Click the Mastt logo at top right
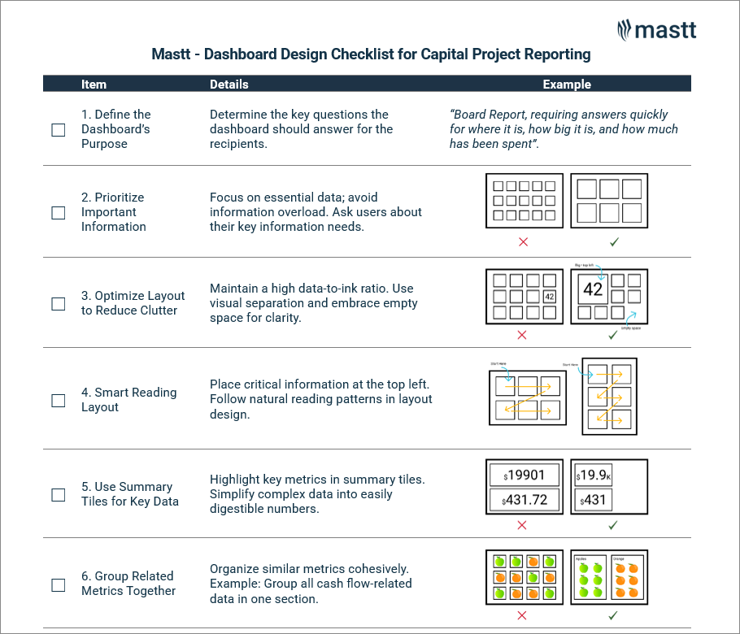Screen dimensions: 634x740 click(x=656, y=30)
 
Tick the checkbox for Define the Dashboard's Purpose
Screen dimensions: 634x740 click(x=59, y=130)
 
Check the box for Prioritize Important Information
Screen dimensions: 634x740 click(x=59, y=213)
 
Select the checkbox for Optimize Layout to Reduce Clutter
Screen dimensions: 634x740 click(x=59, y=304)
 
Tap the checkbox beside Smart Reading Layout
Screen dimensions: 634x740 click(x=59, y=401)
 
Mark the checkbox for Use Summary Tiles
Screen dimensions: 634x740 click(x=59, y=495)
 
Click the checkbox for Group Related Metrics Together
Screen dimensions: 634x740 click(x=59, y=584)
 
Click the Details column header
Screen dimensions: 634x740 click(x=229, y=85)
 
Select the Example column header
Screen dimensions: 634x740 click(x=567, y=85)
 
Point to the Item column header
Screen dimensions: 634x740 click(x=94, y=85)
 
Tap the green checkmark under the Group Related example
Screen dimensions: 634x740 click(x=613, y=616)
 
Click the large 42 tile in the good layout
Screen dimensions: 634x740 click(x=593, y=290)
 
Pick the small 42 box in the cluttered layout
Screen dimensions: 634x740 click(x=549, y=297)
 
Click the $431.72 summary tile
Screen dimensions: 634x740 click(x=525, y=500)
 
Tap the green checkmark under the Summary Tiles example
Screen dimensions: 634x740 click(x=613, y=525)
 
